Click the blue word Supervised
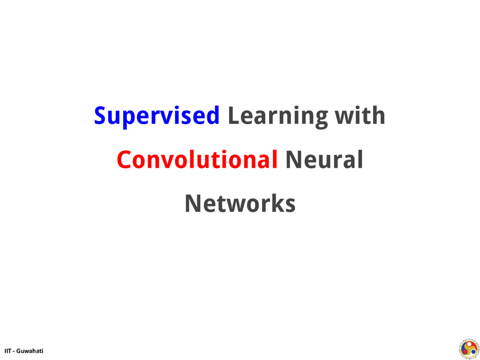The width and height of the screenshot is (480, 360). click(x=157, y=116)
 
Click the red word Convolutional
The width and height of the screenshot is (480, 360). click(x=197, y=160)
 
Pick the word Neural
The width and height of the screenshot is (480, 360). click(x=324, y=160)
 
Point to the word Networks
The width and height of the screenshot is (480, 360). click(x=240, y=203)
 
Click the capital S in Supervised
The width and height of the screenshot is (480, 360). click(x=99, y=116)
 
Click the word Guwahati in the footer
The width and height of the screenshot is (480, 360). click(x=30, y=351)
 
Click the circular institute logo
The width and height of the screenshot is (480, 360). click(x=468, y=348)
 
